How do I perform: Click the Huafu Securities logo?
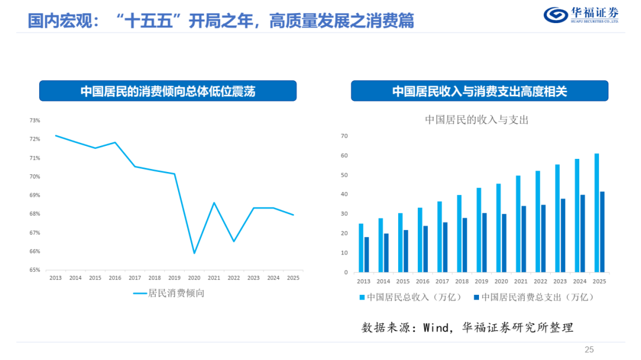click(x=581, y=15)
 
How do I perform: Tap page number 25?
click(x=589, y=349)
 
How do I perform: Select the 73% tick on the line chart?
click(x=35, y=120)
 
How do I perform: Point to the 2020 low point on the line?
click(x=194, y=253)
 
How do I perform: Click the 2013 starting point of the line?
click(x=56, y=136)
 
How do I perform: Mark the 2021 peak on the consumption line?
click(x=214, y=203)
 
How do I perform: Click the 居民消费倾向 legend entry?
click(x=169, y=293)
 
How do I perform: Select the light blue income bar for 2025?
click(x=597, y=213)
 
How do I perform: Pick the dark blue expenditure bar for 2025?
click(x=602, y=232)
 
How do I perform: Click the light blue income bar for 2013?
click(x=361, y=248)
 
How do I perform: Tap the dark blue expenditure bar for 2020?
click(x=504, y=243)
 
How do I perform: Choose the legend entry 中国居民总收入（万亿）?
click(x=411, y=297)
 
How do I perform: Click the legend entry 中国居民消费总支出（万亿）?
click(x=534, y=297)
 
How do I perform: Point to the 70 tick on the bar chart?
click(x=344, y=136)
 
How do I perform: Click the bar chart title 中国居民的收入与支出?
click(x=477, y=120)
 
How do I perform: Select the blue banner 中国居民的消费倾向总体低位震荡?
click(x=168, y=91)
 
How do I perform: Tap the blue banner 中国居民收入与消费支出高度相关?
click(x=480, y=91)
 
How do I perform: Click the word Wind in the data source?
click(x=436, y=327)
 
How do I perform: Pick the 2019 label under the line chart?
click(x=174, y=278)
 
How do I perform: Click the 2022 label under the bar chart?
click(x=541, y=281)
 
